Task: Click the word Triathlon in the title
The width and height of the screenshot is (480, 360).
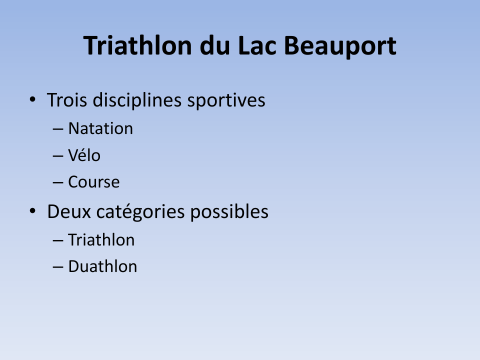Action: click(137, 45)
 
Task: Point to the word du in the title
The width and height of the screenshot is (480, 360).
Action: click(214, 45)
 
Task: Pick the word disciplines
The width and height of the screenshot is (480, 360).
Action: click(137, 100)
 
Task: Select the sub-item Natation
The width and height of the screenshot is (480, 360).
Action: click(100, 128)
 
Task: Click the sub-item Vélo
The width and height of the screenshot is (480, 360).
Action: click(84, 155)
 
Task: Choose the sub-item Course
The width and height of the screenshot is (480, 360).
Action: click(93, 182)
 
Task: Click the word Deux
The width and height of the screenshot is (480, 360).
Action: click(69, 211)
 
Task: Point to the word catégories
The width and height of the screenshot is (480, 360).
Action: click(140, 212)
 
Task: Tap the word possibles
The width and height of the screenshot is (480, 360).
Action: click(229, 212)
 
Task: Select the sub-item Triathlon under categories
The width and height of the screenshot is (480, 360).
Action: click(101, 239)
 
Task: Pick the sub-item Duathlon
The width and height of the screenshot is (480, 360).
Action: click(102, 266)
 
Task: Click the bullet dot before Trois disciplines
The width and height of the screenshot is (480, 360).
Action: click(32, 99)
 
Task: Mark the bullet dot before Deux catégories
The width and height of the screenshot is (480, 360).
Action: click(32, 211)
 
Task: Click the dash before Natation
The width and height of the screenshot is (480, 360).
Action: click(58, 129)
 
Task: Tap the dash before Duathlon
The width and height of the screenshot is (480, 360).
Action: click(58, 267)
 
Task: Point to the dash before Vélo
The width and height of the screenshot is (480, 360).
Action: click(58, 156)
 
